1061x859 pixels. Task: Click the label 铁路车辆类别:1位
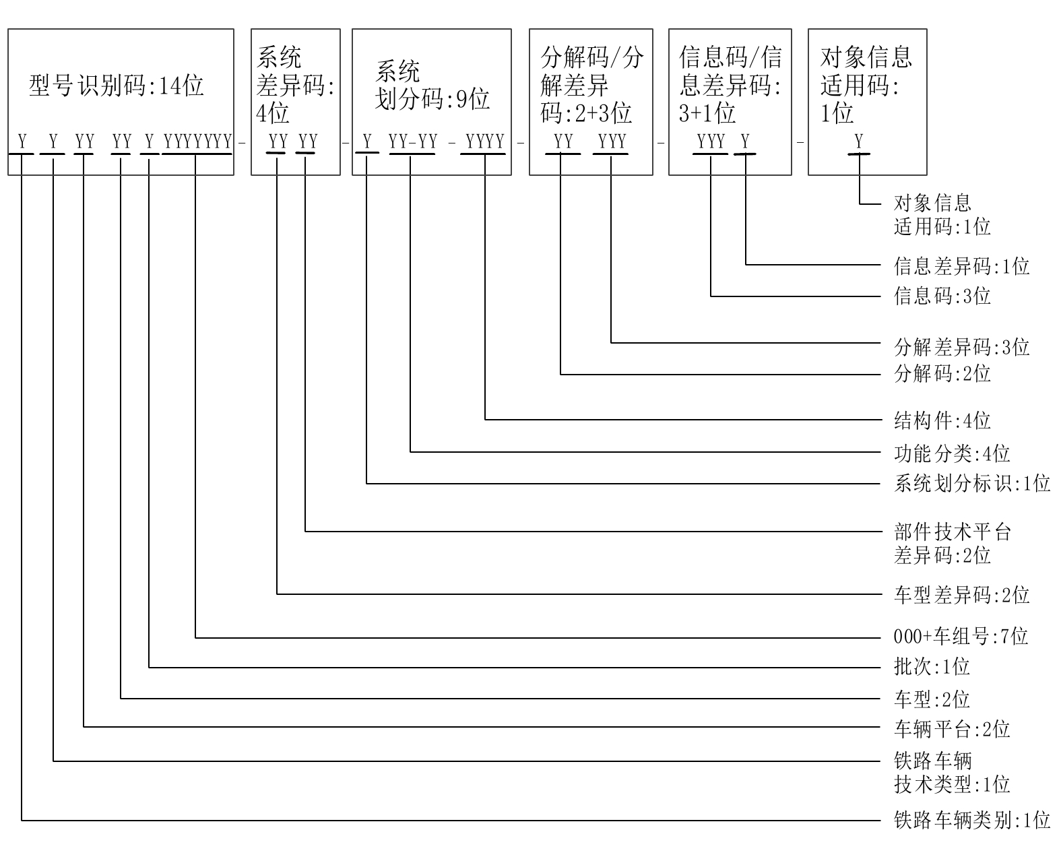click(971, 821)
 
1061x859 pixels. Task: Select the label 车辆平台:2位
click(951, 729)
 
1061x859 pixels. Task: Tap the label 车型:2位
click(932, 699)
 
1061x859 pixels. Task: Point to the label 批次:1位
click(932, 667)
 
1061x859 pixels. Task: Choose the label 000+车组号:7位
click(961, 636)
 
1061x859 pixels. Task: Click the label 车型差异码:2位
click(961, 595)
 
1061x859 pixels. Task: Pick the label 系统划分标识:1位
click(971, 483)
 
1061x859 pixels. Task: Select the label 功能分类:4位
click(951, 453)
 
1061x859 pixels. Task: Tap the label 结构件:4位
click(942, 421)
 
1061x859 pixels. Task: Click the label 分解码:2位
click(942, 373)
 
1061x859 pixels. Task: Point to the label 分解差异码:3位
click(961, 348)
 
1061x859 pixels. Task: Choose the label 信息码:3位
click(942, 296)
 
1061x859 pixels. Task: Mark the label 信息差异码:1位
click(961, 266)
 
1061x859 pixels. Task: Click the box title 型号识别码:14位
click(116, 86)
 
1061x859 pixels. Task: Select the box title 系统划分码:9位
click(432, 86)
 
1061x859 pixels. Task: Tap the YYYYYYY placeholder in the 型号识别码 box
click(198, 141)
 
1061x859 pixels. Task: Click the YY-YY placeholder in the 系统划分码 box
click(413, 141)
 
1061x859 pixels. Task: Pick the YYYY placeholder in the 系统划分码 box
click(485, 141)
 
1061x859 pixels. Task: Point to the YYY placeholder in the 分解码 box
click(612, 141)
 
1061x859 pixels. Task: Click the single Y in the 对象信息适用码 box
click(859, 141)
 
